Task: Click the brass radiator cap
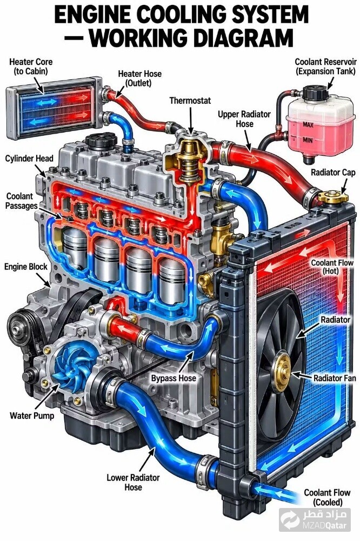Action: pos(333,196)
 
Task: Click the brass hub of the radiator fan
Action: pos(284,371)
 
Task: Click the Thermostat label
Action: pos(190,101)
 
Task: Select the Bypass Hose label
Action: pos(174,378)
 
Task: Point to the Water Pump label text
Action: pos(32,415)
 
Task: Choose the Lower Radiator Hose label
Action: pos(133,483)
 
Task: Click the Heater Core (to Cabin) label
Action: pos(31,67)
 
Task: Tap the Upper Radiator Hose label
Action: pos(244,119)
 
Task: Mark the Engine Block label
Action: pos(26,267)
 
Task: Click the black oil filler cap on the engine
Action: pos(101,141)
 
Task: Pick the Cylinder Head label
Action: pos(29,159)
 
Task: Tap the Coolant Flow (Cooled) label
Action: pos(327,497)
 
